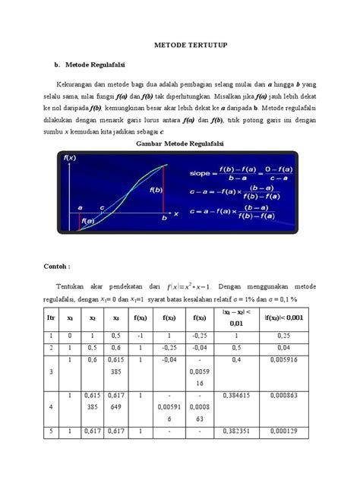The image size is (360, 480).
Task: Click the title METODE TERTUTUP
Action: (180, 46)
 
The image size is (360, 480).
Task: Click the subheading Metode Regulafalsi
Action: (104, 65)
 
